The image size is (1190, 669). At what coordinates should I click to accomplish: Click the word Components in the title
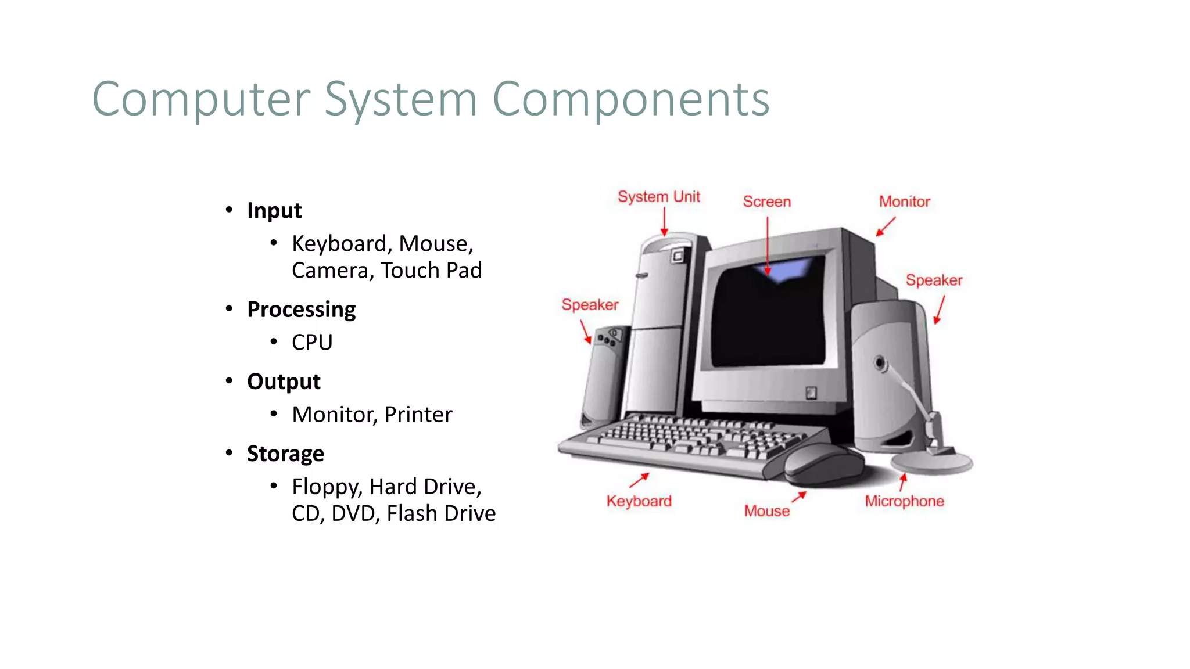tap(631, 100)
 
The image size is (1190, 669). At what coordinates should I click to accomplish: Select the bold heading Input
tap(274, 210)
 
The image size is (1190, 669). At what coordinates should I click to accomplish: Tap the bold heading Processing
tap(301, 310)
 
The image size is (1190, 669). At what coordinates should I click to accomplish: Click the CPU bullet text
tap(312, 343)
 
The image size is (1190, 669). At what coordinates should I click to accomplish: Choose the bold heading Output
tap(284, 382)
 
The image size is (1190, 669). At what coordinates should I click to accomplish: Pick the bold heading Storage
tap(285, 454)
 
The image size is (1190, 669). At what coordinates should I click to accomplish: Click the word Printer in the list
tap(418, 415)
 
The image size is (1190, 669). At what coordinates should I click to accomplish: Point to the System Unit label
tap(658, 197)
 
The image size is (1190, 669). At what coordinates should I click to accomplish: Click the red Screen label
tap(766, 202)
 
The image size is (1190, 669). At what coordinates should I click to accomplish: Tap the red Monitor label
tap(904, 202)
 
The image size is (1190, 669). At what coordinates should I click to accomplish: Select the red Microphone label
tap(904, 501)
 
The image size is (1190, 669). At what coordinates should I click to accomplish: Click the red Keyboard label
tap(639, 501)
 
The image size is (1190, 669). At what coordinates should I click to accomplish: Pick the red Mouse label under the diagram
tap(766, 511)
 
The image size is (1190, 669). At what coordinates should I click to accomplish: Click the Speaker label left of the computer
tap(590, 305)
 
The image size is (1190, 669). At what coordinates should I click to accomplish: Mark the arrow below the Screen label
tap(768, 244)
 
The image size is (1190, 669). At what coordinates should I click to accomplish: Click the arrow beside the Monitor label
tap(886, 226)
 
